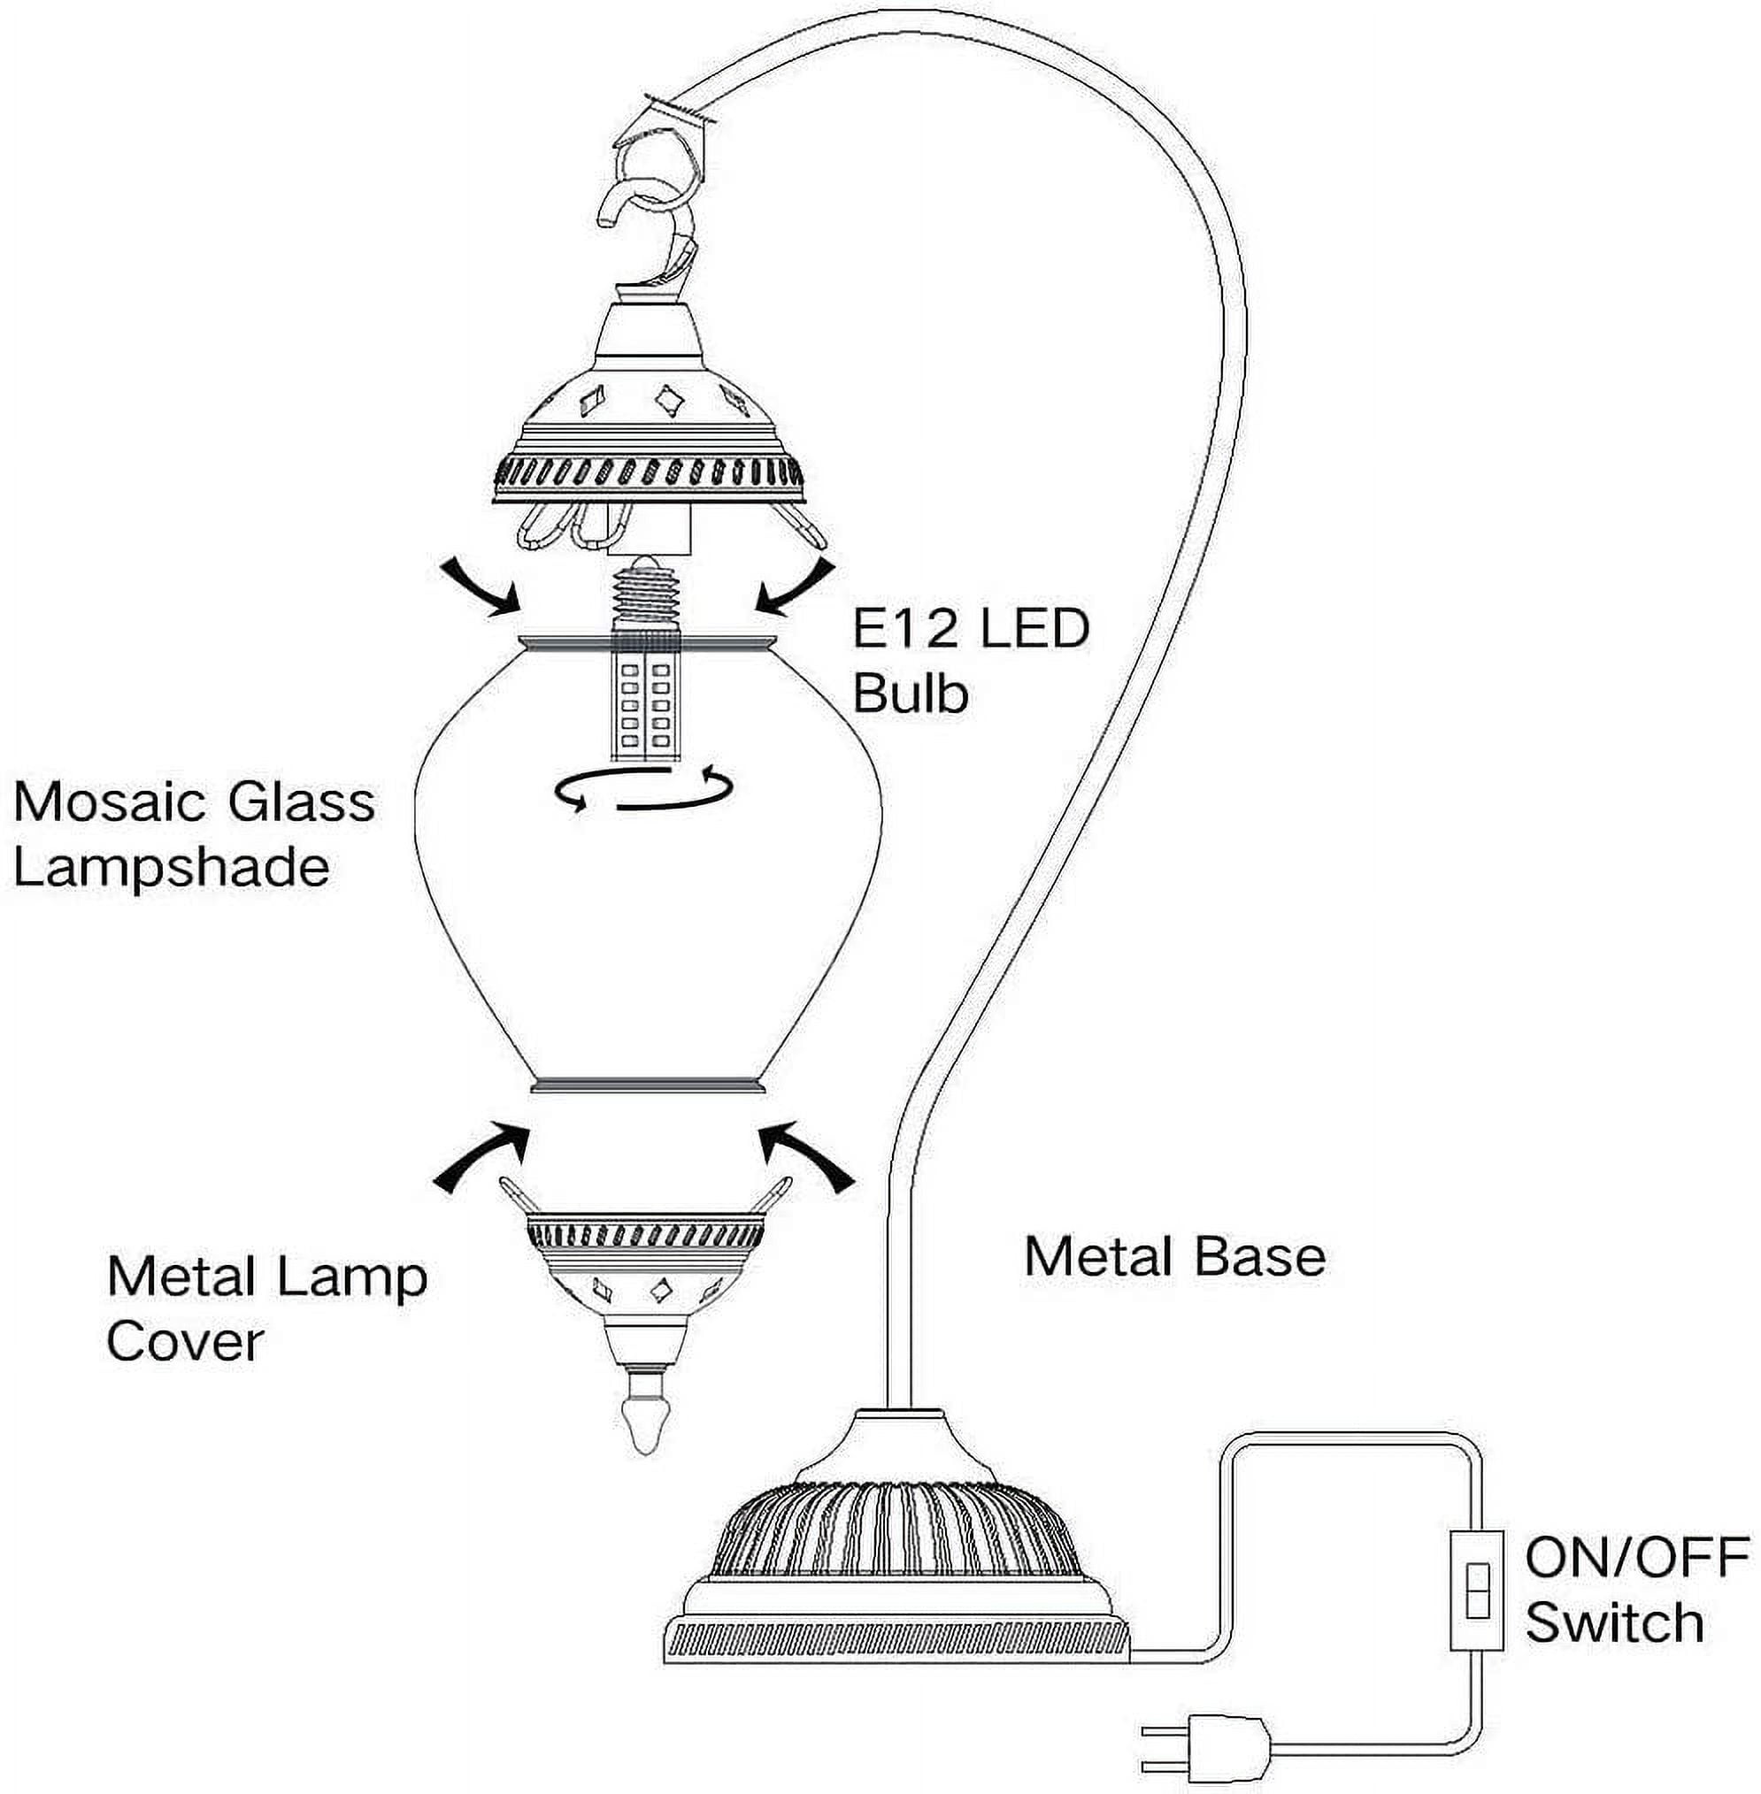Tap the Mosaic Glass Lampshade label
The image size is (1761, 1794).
coord(194,834)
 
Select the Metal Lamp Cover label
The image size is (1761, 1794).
coord(266,1308)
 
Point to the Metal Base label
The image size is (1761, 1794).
coord(1174,1258)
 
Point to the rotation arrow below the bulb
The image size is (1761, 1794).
coord(643,791)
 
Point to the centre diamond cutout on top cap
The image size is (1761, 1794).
coord(667,401)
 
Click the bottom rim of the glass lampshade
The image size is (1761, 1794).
coord(648,1083)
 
